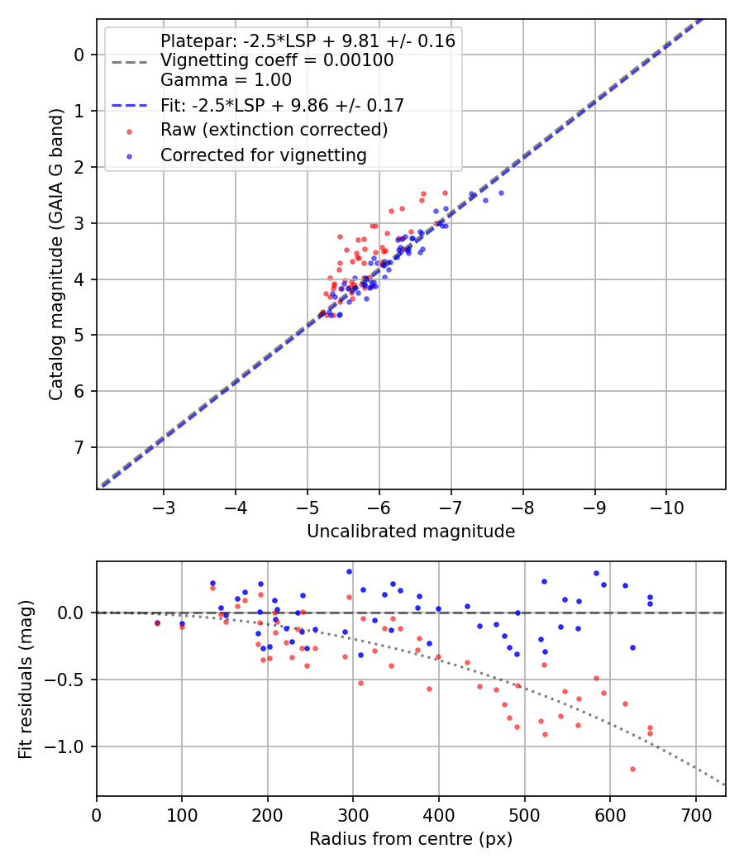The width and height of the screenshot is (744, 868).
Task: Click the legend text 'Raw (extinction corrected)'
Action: [x=274, y=130]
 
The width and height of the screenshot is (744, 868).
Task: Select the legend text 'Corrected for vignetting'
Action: [x=264, y=155]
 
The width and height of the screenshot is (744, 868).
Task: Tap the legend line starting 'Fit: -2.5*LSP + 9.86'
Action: [x=282, y=105]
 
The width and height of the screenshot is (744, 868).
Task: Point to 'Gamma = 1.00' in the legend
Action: [x=226, y=80]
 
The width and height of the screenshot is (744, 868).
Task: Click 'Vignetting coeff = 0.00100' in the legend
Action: [x=277, y=60]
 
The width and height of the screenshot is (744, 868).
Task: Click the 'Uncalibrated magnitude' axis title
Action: [x=411, y=532]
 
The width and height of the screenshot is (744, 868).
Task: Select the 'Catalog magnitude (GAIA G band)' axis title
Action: [x=56, y=253]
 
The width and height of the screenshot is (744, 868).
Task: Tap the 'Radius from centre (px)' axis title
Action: [x=411, y=839]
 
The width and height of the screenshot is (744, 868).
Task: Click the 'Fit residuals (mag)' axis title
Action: [x=26, y=679]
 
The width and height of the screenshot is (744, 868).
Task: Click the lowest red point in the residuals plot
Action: [x=632, y=769]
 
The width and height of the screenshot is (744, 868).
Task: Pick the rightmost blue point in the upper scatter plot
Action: [x=501, y=193]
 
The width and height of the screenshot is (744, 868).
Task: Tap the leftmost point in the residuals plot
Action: [x=157, y=622]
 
